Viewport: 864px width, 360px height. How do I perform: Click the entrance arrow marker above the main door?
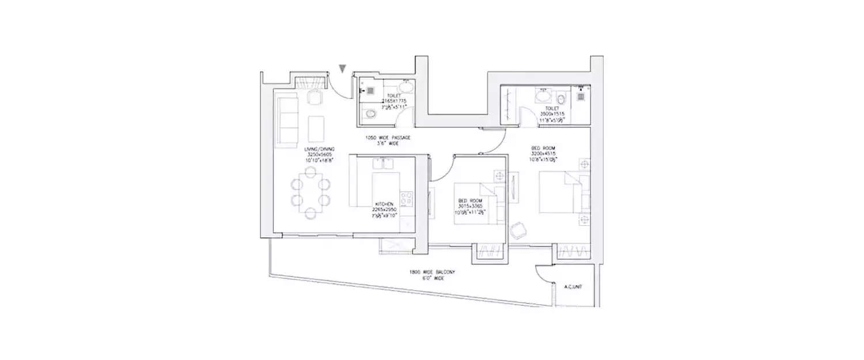[x=343, y=69]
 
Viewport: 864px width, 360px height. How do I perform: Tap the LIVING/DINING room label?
[x=319, y=152]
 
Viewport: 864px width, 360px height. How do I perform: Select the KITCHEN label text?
[x=384, y=204]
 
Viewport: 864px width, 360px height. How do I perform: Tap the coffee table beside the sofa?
[x=316, y=128]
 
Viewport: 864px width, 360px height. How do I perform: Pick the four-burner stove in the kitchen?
[x=407, y=199]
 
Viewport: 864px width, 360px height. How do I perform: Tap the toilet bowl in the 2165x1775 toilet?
[x=369, y=113]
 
